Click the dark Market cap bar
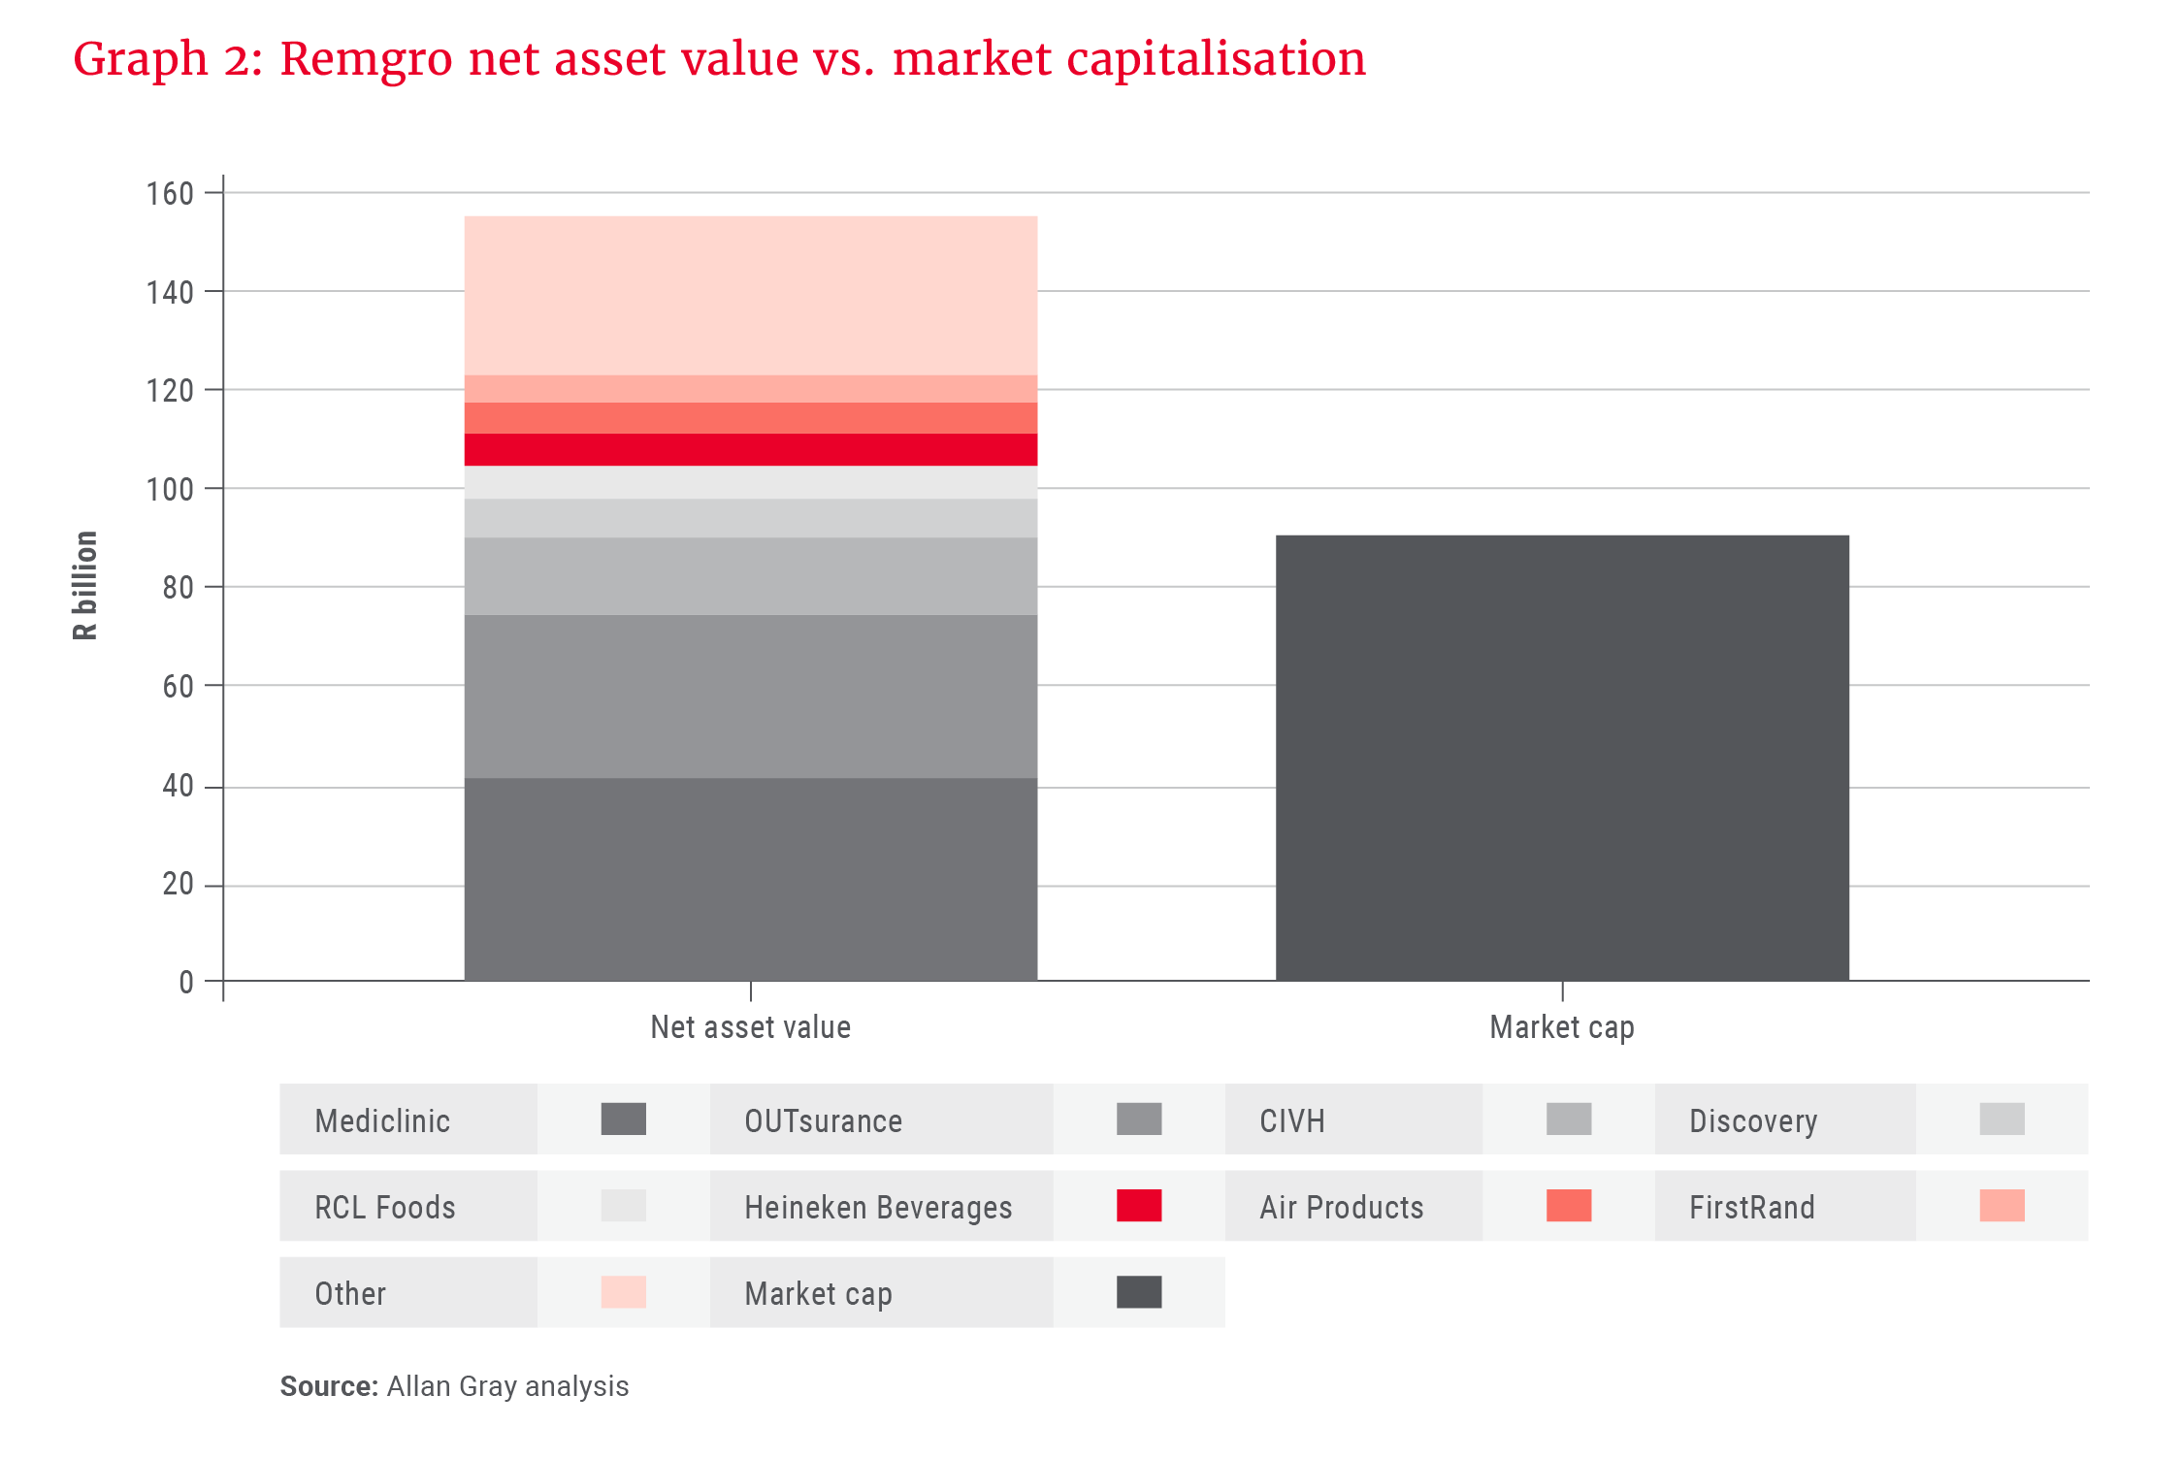[1562, 757]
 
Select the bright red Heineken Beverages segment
[750, 449]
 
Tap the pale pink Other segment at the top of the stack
[750, 295]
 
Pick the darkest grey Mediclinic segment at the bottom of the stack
[750, 878]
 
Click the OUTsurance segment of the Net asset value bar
[750, 696]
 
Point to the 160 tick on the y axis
[170, 193]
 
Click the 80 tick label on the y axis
[178, 587]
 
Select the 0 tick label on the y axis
[185, 982]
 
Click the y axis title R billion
[85, 585]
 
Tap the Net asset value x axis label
[750, 1026]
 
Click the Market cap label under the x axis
[1561, 1026]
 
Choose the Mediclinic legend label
[382, 1120]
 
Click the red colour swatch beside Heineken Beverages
[1139, 1206]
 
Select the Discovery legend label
[1752, 1120]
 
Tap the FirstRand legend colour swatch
[2002, 1206]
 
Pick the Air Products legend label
[1341, 1207]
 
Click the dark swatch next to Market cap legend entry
[1139, 1292]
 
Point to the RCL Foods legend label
[384, 1207]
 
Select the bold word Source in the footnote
[328, 1386]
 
